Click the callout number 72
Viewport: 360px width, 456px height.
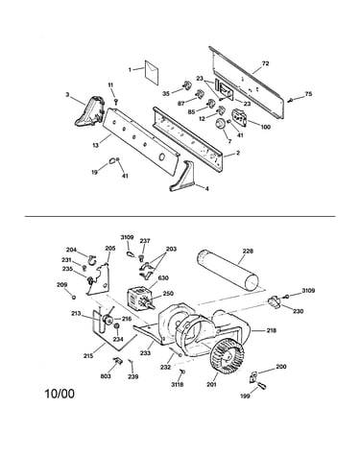coord(265,63)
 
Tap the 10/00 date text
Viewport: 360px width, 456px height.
coord(60,394)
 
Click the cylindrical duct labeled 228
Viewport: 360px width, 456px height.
coord(228,270)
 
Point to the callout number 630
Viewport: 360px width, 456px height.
coord(163,278)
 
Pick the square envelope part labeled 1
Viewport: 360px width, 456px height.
coord(151,72)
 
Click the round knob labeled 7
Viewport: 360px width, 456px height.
coord(220,124)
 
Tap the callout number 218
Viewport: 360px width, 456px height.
coord(271,330)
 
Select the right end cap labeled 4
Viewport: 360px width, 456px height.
coord(183,177)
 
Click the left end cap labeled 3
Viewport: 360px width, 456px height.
coord(89,110)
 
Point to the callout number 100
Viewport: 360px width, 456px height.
coord(265,127)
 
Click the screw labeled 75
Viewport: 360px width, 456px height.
coord(291,100)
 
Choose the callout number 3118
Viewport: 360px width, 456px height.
coord(177,384)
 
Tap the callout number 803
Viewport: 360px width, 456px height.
coord(106,376)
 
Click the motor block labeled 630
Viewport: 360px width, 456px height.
coord(137,298)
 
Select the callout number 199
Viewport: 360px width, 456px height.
coord(245,396)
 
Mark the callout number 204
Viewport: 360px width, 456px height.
coord(71,250)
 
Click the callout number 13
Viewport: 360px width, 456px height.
coord(96,145)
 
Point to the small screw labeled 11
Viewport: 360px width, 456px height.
coord(116,102)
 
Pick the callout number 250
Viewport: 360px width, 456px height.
coord(168,294)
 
